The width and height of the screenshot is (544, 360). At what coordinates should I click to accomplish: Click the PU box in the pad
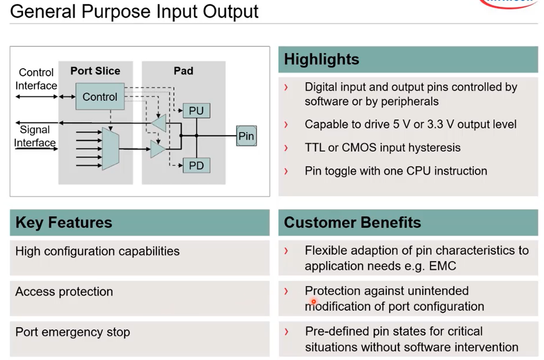(x=196, y=111)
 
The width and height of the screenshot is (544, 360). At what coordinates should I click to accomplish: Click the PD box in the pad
(x=196, y=166)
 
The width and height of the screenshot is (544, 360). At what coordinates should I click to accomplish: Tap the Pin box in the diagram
(x=246, y=136)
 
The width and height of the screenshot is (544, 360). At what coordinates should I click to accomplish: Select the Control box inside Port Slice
(x=100, y=97)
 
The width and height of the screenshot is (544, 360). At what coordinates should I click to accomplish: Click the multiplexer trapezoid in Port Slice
(x=110, y=149)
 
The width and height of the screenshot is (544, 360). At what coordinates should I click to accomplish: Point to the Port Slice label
(x=95, y=71)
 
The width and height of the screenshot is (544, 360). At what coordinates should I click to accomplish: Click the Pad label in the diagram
(x=183, y=71)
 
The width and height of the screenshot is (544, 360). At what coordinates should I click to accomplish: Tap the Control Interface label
(x=36, y=79)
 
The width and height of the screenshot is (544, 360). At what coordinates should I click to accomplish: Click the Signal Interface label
(x=35, y=136)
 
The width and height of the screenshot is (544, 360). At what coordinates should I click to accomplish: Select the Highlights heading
(x=321, y=59)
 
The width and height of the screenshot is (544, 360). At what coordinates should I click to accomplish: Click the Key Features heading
(x=64, y=222)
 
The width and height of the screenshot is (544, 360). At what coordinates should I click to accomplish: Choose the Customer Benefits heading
(x=352, y=222)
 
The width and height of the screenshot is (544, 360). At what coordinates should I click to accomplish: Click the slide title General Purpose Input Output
(x=134, y=12)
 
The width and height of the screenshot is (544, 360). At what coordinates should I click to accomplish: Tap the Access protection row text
(x=64, y=292)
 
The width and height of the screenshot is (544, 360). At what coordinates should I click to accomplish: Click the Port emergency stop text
(x=73, y=332)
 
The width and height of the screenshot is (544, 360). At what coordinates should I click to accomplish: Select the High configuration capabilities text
(x=98, y=251)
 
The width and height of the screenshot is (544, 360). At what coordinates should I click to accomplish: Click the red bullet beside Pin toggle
(x=286, y=171)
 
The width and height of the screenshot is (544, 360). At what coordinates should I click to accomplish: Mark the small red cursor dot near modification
(x=314, y=301)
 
